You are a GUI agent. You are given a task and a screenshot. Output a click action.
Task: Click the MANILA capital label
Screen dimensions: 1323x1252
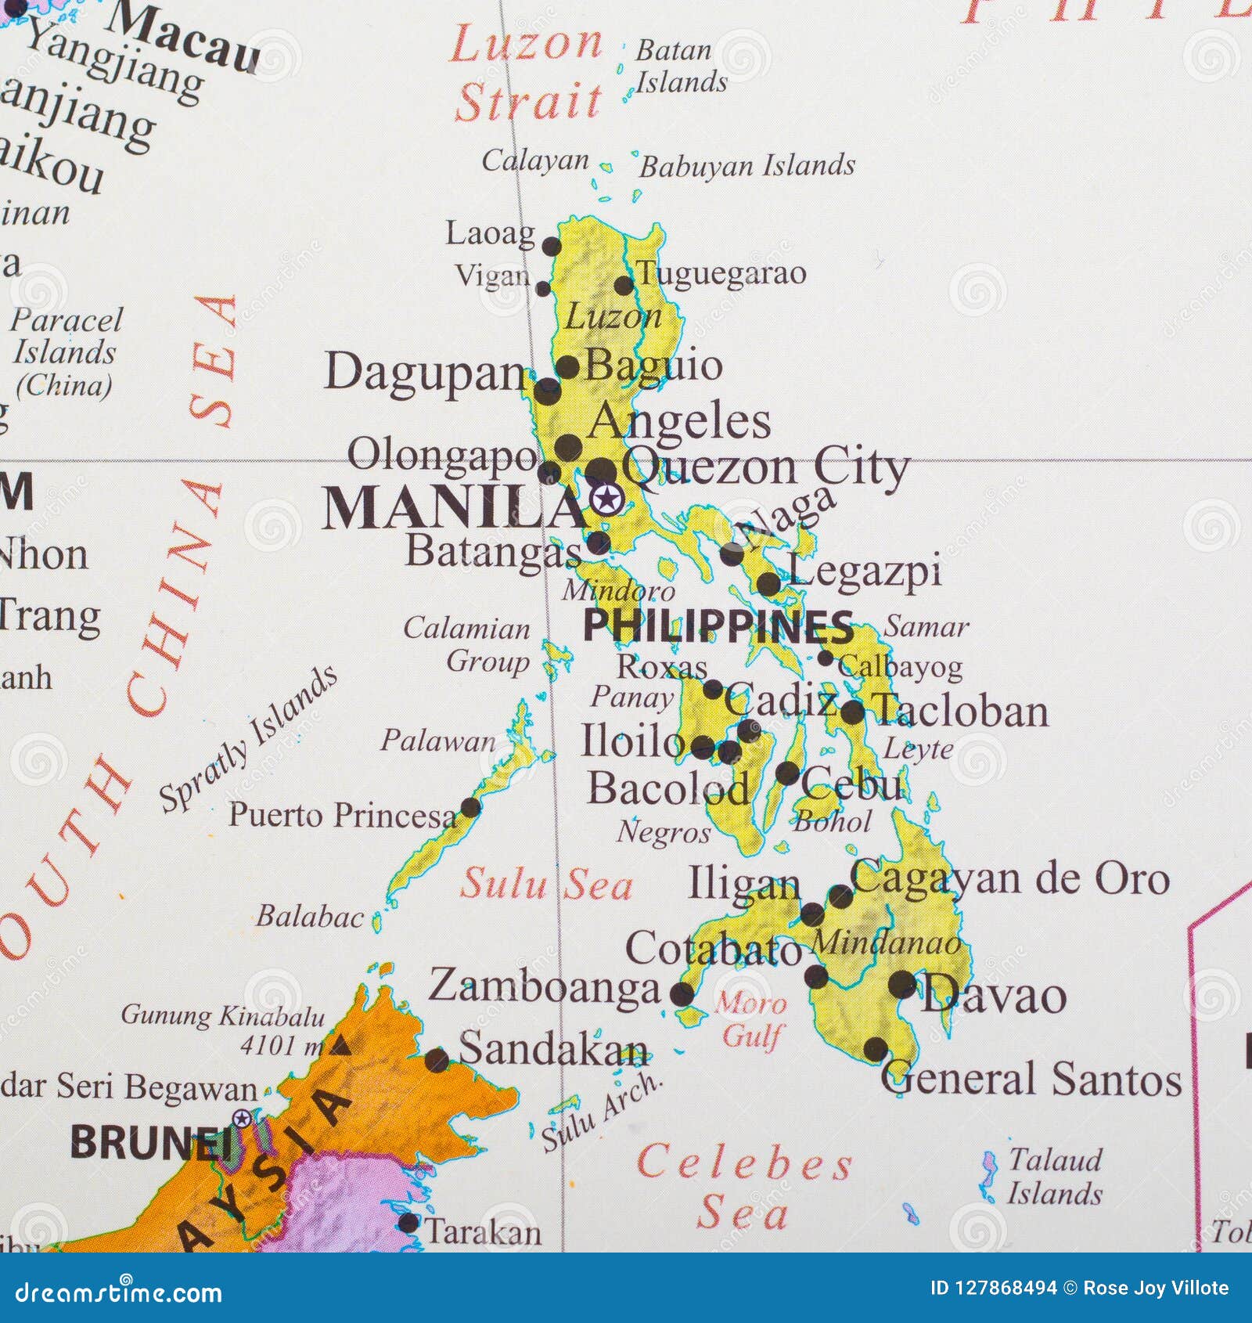(x=454, y=509)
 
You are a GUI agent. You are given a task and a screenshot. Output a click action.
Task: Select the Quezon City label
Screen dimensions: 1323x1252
(x=765, y=468)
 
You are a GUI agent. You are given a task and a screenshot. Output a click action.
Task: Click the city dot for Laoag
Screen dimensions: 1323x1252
(x=552, y=247)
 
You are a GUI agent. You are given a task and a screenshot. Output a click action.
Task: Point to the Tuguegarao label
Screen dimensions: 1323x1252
(x=721, y=273)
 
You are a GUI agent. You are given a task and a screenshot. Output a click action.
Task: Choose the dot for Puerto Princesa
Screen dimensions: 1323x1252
(x=470, y=807)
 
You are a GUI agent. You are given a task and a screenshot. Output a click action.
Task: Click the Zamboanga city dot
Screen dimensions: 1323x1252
(x=682, y=994)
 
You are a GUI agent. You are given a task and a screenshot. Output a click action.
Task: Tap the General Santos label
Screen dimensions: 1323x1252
(x=1031, y=1080)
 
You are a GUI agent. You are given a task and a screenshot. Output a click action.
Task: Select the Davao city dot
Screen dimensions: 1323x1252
(x=902, y=983)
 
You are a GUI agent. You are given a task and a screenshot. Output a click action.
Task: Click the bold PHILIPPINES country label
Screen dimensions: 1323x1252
(x=718, y=627)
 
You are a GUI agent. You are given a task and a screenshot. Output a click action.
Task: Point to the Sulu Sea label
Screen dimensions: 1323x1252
(x=545, y=885)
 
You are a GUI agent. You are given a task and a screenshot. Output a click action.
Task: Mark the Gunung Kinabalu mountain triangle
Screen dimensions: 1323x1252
(x=340, y=1044)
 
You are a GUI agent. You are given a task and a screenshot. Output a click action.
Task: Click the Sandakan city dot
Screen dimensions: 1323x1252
(x=437, y=1061)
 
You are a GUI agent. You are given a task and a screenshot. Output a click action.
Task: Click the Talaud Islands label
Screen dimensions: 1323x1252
(x=1054, y=1177)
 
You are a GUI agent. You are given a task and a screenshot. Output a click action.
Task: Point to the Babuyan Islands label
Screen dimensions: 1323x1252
(x=747, y=166)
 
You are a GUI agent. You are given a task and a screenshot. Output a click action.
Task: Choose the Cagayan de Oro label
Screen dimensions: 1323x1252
(x=1010, y=878)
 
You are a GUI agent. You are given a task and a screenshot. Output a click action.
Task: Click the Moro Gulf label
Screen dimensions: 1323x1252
(x=751, y=1019)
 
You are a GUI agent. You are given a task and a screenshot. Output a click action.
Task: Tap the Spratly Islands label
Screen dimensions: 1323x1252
(x=248, y=740)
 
